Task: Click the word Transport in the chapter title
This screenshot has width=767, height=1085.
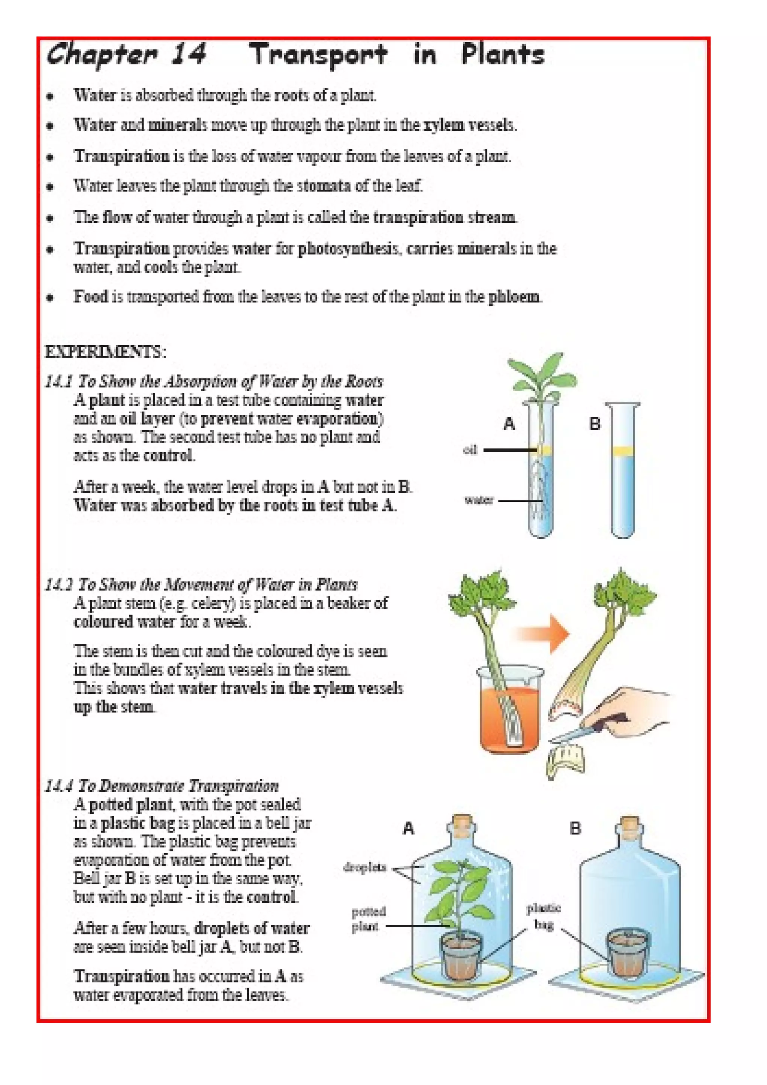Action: coord(318,54)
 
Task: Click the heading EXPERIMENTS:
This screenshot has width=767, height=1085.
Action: coord(105,352)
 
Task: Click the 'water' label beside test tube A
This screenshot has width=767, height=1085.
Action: coord(479,500)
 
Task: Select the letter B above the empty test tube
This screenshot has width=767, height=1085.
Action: coord(594,423)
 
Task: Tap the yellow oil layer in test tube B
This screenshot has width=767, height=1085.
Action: coord(622,451)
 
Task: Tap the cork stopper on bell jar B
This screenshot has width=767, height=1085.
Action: coord(630,823)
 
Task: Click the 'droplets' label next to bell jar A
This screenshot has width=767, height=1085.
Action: coord(364,867)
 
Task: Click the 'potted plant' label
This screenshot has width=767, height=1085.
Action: coord(368,919)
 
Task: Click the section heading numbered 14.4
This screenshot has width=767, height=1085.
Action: coord(162,786)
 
